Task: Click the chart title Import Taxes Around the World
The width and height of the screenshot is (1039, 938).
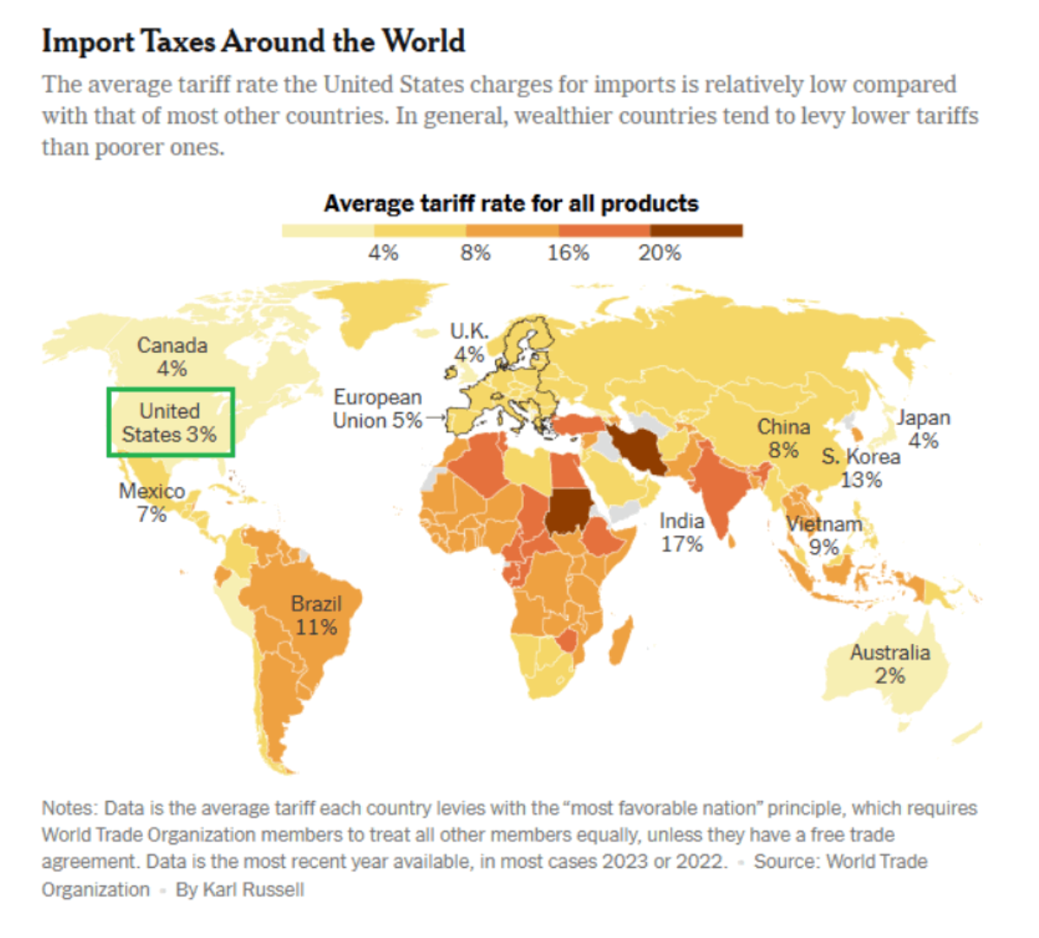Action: coord(253,42)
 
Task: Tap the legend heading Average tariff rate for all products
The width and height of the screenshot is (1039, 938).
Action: coord(511,204)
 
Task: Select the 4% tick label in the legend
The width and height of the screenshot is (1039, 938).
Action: coord(383,253)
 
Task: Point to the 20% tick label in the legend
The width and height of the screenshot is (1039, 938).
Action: coord(659,253)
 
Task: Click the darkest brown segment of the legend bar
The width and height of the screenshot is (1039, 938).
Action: coord(696,231)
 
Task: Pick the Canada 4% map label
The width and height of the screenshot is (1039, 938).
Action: coord(173,357)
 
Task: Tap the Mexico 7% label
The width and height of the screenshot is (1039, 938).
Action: coord(152,502)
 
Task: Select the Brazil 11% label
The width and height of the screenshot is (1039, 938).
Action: coord(316,616)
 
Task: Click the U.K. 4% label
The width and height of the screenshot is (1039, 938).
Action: coord(469,342)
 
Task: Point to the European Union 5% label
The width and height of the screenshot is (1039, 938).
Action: coord(377,408)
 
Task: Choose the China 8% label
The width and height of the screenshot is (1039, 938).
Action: coord(783,439)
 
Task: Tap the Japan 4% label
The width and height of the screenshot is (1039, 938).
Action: coord(924,429)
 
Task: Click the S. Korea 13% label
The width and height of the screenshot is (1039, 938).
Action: coord(860,467)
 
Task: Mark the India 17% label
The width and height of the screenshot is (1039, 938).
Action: coord(682,532)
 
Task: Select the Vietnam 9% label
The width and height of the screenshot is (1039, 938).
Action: coord(824,535)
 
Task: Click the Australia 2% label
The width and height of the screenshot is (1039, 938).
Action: coord(890,664)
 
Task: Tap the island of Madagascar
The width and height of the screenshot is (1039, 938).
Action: coord(622,640)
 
